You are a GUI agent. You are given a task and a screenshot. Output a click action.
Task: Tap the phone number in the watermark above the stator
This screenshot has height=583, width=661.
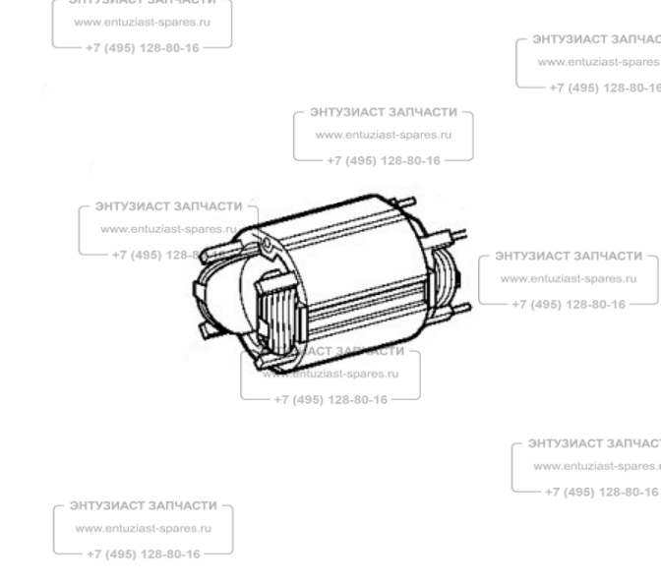[x=384, y=157]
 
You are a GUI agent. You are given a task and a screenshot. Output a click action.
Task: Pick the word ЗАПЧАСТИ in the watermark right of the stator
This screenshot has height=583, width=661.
[x=605, y=257]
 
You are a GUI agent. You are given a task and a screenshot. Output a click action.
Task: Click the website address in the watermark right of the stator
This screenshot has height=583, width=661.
[x=568, y=279]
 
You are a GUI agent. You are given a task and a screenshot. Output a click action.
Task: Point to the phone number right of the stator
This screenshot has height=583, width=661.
[x=569, y=303]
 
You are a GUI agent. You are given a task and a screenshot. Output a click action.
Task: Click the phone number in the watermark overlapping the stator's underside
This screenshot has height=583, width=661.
[x=330, y=399]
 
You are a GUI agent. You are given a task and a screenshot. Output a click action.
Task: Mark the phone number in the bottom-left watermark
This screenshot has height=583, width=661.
[x=144, y=554]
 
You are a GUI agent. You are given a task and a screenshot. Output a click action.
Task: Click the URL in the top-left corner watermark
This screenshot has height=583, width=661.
[x=143, y=20]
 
